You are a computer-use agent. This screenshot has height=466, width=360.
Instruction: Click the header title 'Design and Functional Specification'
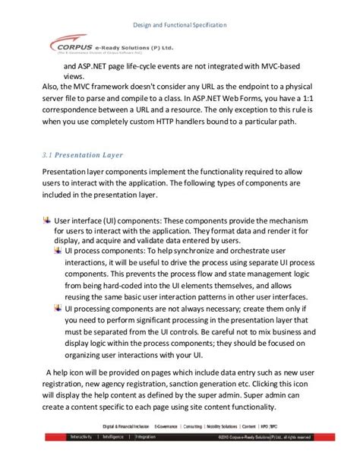pyautogui.click(x=179, y=25)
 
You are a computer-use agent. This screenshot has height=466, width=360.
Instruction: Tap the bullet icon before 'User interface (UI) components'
pyautogui.click(x=46, y=220)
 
